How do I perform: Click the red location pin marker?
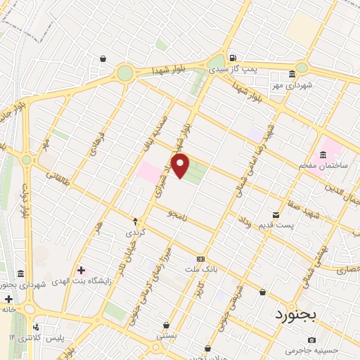[x=181, y=167]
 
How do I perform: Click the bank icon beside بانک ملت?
[x=201, y=259]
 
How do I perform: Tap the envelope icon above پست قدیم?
[x=275, y=214]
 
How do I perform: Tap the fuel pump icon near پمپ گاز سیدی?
[x=232, y=58]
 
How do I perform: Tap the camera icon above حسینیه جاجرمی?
[x=311, y=340]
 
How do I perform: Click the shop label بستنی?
[x=166, y=337]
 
